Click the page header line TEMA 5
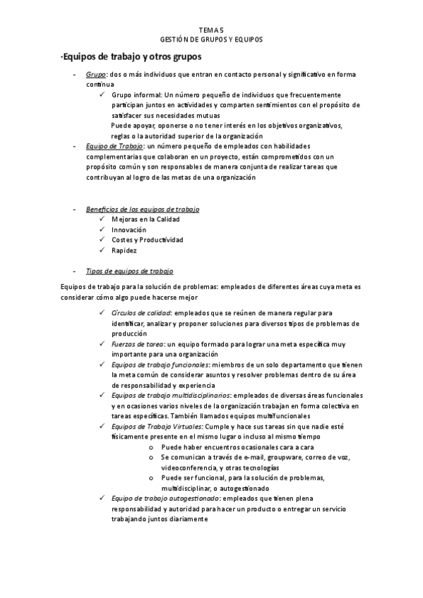tap(210, 30)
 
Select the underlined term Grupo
tap(95, 74)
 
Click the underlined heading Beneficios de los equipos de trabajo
tap(142, 209)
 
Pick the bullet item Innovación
tap(129, 229)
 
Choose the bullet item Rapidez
tap(124, 250)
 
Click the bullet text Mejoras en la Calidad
tap(145, 219)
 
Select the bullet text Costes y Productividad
tap(148, 240)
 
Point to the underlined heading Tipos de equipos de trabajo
tap(129, 270)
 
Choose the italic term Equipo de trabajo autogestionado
tap(160, 499)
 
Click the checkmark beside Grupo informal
tap(103, 94)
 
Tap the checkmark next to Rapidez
tap(103, 250)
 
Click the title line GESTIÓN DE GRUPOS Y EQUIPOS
tap(211, 39)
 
